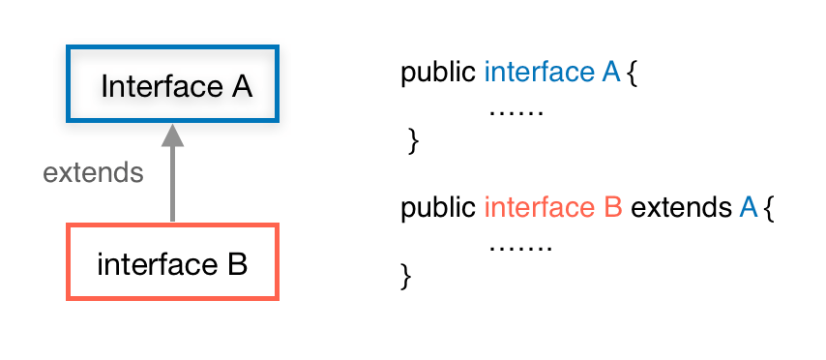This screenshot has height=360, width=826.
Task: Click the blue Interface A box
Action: [172, 84]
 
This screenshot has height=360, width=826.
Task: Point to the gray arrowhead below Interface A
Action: [172, 135]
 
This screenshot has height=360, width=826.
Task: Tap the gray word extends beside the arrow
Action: [94, 173]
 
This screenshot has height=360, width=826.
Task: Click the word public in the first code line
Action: [438, 74]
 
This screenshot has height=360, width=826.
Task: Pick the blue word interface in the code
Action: [539, 74]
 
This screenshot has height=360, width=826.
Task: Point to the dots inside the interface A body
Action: [516, 113]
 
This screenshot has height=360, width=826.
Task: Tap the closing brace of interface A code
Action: [414, 142]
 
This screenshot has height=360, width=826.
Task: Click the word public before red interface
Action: [438, 208]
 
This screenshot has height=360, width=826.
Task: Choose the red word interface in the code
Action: [539, 208]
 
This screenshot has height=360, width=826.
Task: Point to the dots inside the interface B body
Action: [519, 248]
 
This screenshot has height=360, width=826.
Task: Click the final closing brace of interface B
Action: [406, 277]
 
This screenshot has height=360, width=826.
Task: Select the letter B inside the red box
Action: [237, 263]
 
